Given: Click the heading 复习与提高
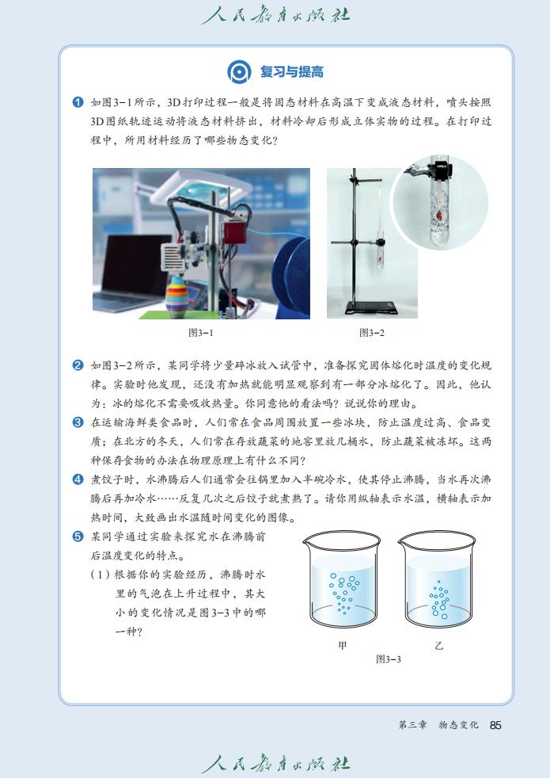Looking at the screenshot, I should [291, 72].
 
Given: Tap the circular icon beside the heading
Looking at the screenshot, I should [239, 72].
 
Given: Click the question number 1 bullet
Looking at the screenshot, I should [78, 102].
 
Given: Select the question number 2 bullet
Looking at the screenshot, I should [78, 365].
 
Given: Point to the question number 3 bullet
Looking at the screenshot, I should [78, 422].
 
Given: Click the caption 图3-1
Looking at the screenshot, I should [200, 333].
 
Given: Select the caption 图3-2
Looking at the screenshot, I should [371, 333].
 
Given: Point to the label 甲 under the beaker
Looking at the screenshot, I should [342, 645].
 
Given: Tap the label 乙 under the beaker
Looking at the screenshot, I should [438, 645].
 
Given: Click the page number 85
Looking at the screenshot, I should [496, 725].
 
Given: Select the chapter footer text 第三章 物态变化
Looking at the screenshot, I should [438, 725].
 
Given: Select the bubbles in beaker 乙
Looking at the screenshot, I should [438, 598].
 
